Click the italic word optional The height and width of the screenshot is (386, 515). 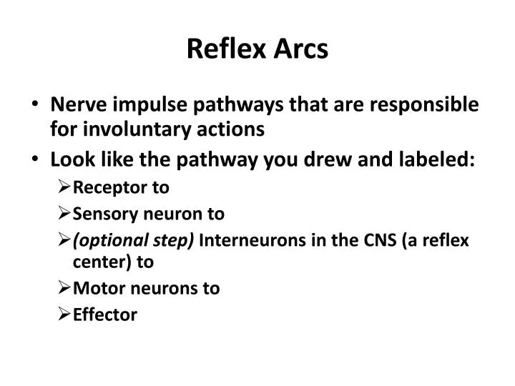pos(102,239)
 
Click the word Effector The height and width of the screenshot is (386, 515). pos(105,315)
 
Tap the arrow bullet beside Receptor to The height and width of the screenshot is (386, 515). pos(64,188)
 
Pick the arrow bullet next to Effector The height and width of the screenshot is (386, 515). pos(64,315)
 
